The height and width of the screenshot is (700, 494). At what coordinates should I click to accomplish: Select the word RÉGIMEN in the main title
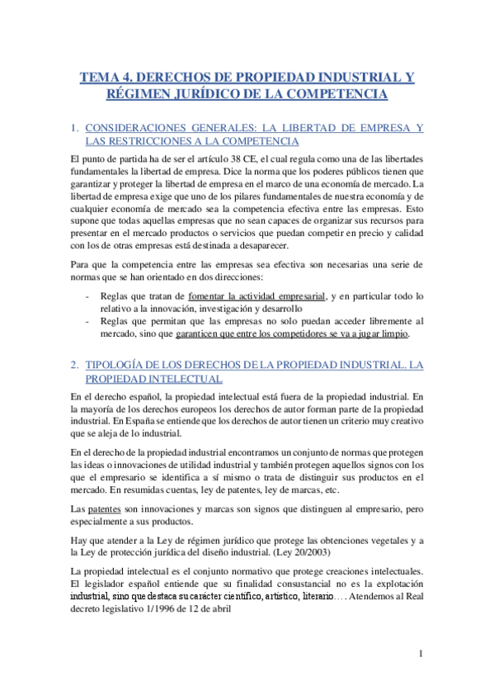coord(140,95)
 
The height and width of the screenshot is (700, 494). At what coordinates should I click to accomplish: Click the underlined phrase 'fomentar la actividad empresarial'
coord(257,295)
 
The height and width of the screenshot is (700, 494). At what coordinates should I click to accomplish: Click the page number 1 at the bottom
coord(421,655)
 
